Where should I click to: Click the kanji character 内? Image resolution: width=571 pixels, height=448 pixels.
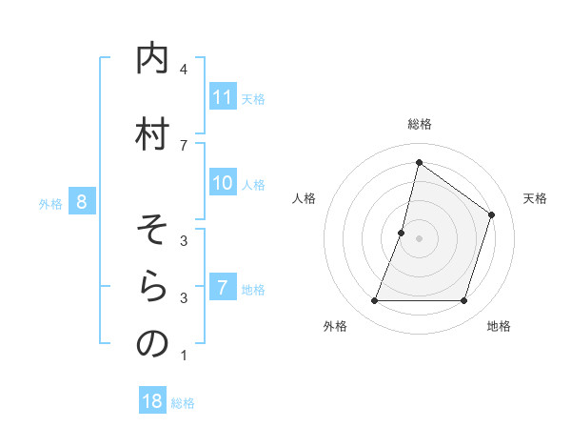click(152, 59)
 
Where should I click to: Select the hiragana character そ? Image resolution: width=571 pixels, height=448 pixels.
click(152, 231)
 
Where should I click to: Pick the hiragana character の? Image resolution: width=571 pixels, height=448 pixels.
click(152, 344)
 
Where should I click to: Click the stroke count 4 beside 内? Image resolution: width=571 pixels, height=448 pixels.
click(184, 70)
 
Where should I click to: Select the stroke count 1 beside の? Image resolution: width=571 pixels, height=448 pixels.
click(184, 356)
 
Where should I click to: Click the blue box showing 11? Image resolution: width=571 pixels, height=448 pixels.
click(223, 97)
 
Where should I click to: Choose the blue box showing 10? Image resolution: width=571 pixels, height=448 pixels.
click(223, 183)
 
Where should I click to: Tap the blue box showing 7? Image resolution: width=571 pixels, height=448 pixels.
click(223, 288)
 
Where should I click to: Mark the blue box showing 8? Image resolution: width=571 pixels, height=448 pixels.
click(82, 202)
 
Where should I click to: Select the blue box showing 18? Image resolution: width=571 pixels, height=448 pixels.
click(152, 401)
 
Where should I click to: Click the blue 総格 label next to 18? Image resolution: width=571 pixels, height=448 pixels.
click(183, 403)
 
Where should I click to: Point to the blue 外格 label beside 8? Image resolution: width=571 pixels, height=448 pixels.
click(50, 203)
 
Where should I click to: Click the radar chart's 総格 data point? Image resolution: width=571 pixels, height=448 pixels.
click(419, 163)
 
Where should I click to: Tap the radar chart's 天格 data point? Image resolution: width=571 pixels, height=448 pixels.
click(492, 214)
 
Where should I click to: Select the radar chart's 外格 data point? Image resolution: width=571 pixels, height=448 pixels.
click(374, 301)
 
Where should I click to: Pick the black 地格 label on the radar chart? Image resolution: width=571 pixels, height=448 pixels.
click(499, 327)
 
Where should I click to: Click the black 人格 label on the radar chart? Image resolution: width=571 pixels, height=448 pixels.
click(305, 198)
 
